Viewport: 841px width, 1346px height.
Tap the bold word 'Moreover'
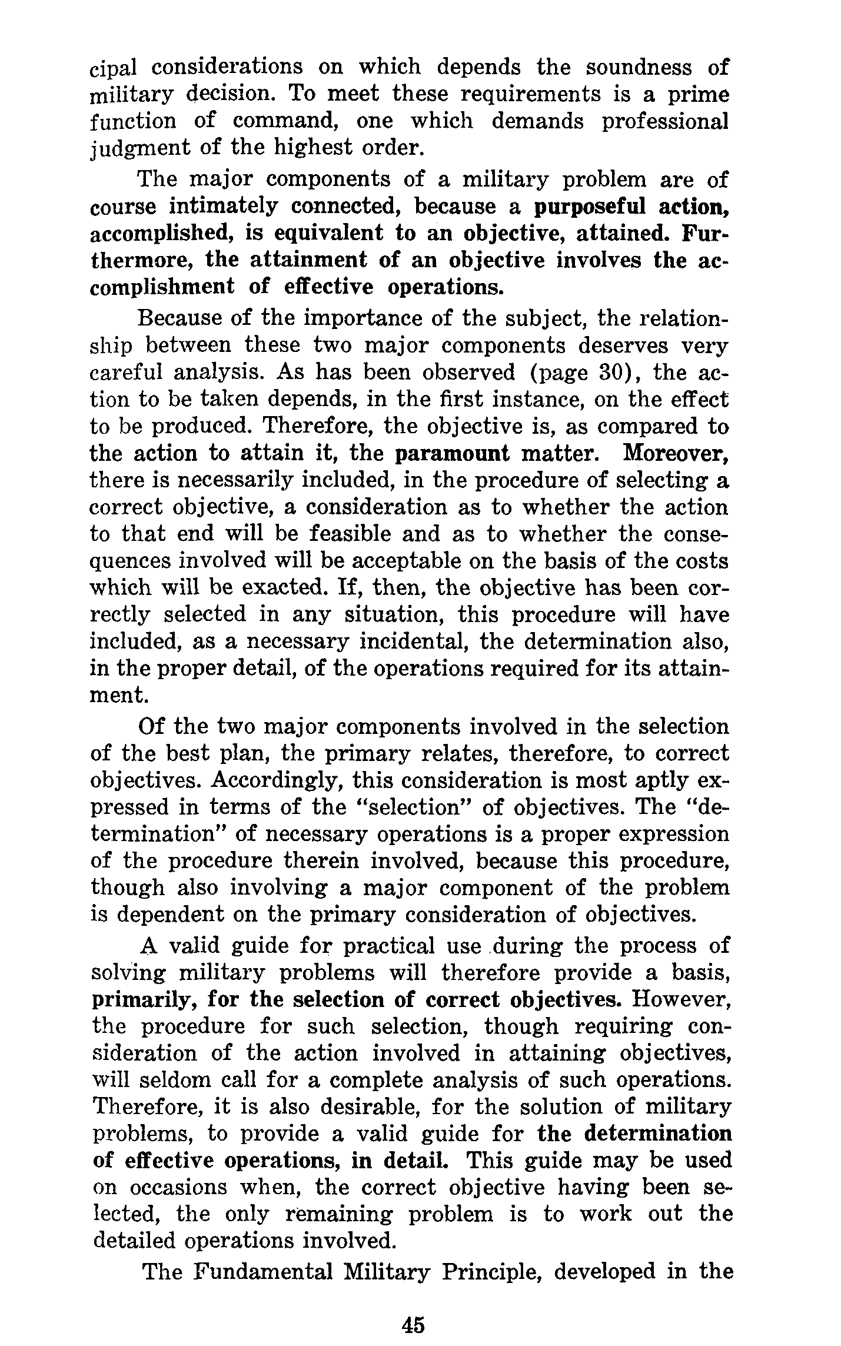676,454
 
